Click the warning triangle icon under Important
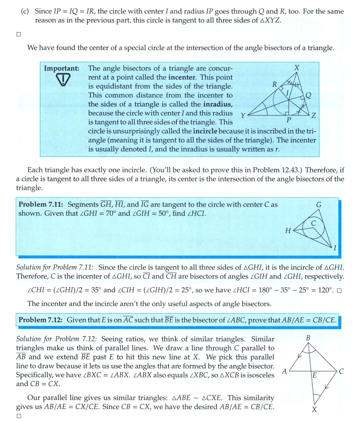[63, 80]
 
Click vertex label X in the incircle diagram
[297, 68]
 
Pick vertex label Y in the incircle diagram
[243, 116]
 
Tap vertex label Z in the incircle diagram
[314, 116]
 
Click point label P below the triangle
[288, 121]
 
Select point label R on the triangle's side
[275, 84]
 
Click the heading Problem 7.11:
[40, 205]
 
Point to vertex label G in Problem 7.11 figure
[319, 205]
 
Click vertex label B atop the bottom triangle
[308, 338]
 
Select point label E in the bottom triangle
[315, 375]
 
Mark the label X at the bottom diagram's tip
[314, 409]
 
